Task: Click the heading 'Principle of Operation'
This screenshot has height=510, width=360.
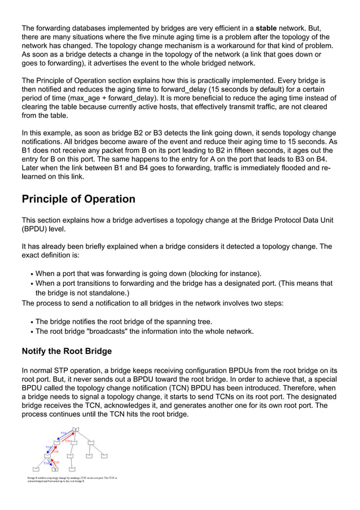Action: click(x=78, y=199)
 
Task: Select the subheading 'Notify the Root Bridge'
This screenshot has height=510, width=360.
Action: click(x=67, y=351)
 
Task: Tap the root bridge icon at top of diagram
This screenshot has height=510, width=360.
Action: click(x=75, y=430)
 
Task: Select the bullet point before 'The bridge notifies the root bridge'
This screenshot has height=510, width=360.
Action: click(x=32, y=322)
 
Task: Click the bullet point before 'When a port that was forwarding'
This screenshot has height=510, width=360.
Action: click(x=32, y=274)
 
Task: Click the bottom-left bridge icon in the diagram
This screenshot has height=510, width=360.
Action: click(x=36, y=469)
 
